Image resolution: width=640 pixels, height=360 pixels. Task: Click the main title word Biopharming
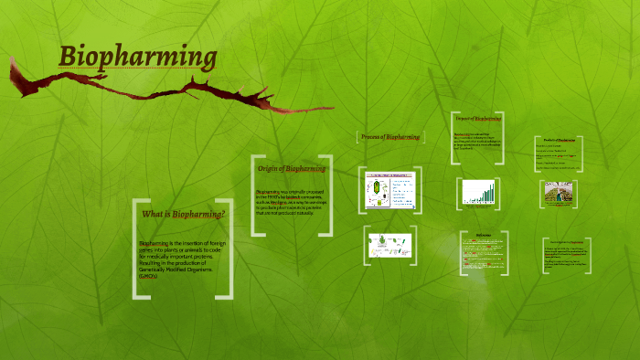point(138,57)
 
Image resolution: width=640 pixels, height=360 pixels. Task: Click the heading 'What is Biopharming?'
point(183,215)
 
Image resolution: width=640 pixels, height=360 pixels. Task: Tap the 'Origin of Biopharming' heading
point(291,169)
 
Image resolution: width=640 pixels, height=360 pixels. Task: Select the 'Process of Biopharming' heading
point(390,137)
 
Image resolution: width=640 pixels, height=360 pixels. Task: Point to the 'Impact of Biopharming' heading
point(478,119)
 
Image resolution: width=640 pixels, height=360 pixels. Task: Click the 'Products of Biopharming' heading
point(559,140)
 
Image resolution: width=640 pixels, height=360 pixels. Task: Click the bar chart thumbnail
point(479,192)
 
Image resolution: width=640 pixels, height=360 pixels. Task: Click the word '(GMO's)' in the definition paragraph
point(149,276)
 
